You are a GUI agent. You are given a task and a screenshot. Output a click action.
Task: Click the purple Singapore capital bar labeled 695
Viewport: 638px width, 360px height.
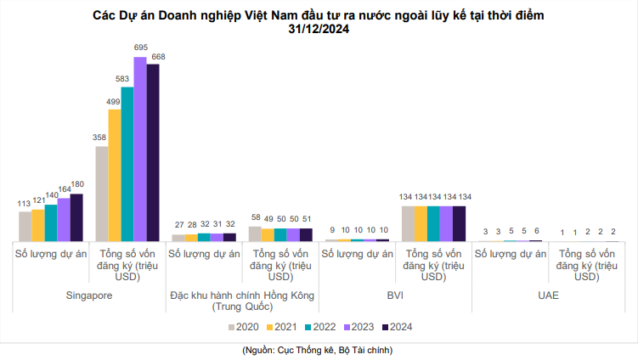pyautogui.click(x=139, y=149)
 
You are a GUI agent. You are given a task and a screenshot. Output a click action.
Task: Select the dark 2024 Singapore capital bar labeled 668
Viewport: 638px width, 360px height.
pyautogui.click(x=153, y=153)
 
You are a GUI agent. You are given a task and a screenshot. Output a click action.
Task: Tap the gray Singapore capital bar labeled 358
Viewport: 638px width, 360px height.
pyautogui.click(x=101, y=194)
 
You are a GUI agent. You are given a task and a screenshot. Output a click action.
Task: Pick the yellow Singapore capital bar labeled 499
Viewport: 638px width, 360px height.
pyautogui.click(x=114, y=175)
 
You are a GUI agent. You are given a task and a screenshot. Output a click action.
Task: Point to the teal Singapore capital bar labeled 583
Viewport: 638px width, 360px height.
pyautogui.click(x=127, y=164)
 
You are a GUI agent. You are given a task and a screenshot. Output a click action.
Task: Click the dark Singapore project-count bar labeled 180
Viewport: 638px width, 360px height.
pyautogui.click(x=76, y=217)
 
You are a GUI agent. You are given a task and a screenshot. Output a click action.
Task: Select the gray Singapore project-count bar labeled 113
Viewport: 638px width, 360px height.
pyautogui.click(x=25, y=226)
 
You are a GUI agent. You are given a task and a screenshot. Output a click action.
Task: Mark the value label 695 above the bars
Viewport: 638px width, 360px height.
pyautogui.click(x=141, y=48)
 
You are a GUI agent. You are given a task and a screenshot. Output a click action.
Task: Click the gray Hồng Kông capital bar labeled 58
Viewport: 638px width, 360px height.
pyautogui.click(x=255, y=233)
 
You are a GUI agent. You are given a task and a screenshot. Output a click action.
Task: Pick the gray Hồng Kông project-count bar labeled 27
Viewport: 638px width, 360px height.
pyautogui.click(x=178, y=238)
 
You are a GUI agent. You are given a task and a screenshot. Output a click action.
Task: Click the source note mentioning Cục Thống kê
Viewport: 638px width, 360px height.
pyautogui.click(x=318, y=349)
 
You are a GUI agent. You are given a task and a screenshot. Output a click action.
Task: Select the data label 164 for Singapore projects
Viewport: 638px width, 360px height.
pyautogui.click(x=64, y=189)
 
